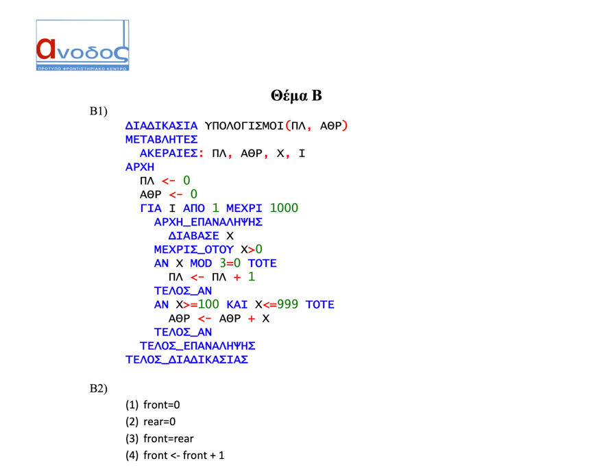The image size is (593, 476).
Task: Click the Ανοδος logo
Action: (82, 45)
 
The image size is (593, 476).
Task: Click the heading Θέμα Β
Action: (296, 95)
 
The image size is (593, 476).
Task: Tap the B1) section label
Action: (98, 111)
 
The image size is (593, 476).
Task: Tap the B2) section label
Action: (98, 389)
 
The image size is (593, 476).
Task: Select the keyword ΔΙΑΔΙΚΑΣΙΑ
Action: (162, 126)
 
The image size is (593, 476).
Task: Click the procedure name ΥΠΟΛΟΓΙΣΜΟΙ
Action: (244, 126)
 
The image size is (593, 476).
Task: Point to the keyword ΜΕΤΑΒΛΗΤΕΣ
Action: (162, 140)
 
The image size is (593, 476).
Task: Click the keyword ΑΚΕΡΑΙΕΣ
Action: (169, 153)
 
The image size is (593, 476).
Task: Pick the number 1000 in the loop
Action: (284, 208)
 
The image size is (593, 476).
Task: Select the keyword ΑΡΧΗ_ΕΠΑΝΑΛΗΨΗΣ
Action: (208, 222)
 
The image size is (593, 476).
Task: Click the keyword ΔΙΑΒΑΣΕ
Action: (193, 236)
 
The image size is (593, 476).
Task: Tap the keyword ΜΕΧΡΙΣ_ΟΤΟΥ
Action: (193, 250)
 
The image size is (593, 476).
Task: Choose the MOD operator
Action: (201, 263)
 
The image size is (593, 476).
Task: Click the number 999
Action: (287, 305)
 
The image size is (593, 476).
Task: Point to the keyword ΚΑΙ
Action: (237, 305)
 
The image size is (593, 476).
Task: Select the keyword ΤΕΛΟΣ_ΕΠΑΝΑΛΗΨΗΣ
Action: (197, 346)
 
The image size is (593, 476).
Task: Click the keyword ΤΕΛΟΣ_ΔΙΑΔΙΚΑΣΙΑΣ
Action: (187, 359)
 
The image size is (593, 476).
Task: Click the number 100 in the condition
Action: (208, 305)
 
